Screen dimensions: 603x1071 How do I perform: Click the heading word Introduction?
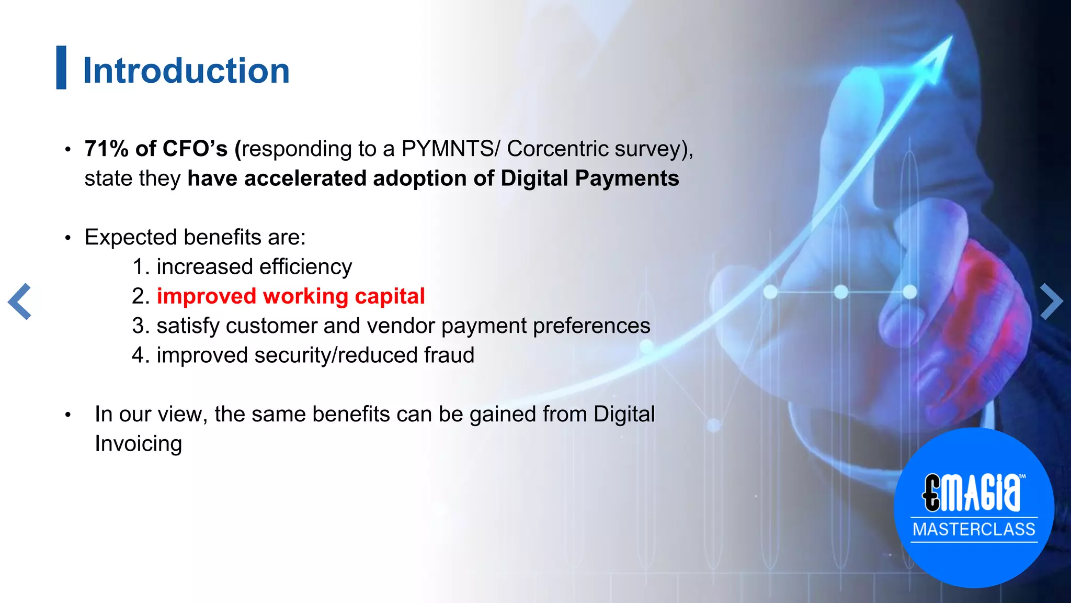tap(186, 71)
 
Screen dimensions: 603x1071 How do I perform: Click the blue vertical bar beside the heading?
tap(61, 68)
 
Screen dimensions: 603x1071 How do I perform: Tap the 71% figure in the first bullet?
tap(107, 149)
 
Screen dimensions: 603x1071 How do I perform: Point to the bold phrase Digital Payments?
tap(589, 178)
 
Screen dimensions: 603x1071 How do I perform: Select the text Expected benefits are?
tap(195, 237)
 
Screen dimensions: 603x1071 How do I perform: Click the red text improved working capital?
tap(291, 296)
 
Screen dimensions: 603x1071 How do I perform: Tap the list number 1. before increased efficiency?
tap(141, 267)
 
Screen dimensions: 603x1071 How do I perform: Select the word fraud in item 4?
tap(449, 355)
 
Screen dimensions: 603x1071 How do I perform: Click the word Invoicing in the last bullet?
tap(138, 444)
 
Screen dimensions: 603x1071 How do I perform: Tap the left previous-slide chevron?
tap(20, 301)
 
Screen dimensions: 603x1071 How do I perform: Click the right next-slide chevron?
tap(1051, 301)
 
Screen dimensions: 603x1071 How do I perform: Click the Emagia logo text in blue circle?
tap(972, 493)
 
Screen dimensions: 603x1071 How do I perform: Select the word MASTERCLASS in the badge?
tap(974, 529)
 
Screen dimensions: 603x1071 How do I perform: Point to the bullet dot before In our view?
tap(67, 415)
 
